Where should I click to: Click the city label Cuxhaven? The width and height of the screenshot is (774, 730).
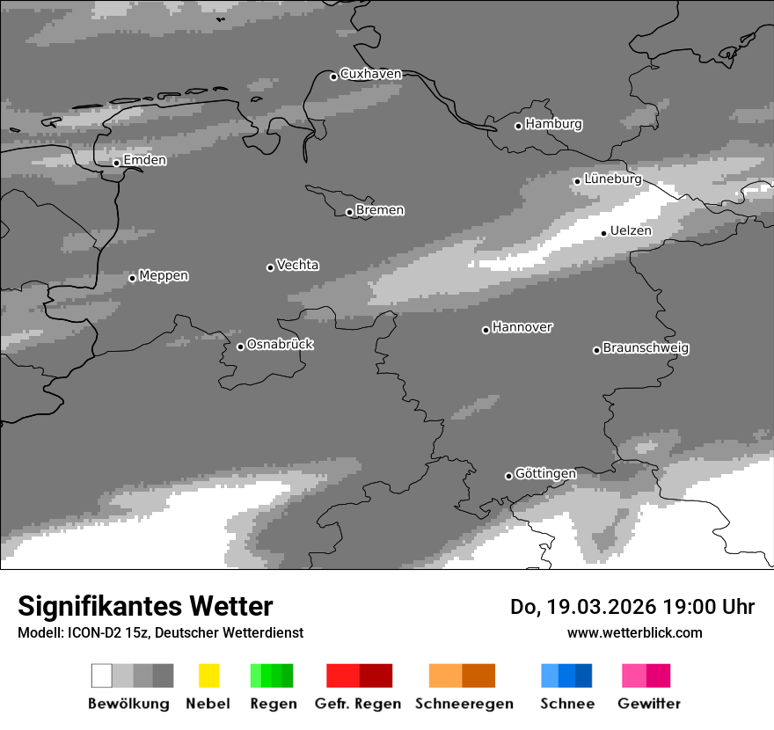[x=370, y=74]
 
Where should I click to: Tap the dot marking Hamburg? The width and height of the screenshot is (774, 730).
[x=518, y=126]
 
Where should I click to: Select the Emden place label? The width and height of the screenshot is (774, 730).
[x=144, y=160]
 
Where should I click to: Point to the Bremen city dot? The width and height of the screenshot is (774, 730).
[x=349, y=212]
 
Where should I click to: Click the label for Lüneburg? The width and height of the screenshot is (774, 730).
[x=612, y=179]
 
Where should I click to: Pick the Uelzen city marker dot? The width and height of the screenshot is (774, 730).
[x=603, y=233]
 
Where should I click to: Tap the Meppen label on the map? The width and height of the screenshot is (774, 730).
[x=164, y=275]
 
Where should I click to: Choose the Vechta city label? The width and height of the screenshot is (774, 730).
[x=297, y=265]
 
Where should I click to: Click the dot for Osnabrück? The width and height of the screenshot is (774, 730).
[x=240, y=347]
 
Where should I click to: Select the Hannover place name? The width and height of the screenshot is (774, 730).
[x=522, y=327]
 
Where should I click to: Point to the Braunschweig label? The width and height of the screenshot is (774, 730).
[x=646, y=347]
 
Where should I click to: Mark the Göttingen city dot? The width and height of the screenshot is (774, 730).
[x=508, y=476]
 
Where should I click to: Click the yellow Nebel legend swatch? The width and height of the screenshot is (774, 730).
[x=208, y=675]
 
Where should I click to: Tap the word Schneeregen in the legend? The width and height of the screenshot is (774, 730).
[x=464, y=704]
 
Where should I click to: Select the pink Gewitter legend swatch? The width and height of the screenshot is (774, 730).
[x=634, y=675]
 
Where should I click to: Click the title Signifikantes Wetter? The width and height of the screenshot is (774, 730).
[x=145, y=606]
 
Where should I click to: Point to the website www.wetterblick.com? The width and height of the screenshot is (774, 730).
[x=634, y=632]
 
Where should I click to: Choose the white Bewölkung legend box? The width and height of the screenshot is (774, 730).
[x=102, y=675]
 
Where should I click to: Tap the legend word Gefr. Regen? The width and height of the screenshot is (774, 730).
[x=358, y=704]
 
